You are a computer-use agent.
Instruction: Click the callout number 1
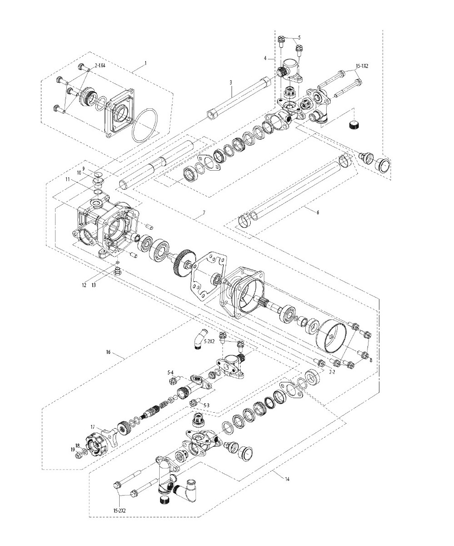click(x=146, y=63)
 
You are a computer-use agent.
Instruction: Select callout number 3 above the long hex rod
click(x=231, y=82)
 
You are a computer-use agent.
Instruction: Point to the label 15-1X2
click(x=362, y=66)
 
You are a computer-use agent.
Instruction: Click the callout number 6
click(x=318, y=212)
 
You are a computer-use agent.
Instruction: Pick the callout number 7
click(x=204, y=212)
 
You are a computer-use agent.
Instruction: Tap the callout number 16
click(x=108, y=352)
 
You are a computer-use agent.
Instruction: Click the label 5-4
click(x=171, y=372)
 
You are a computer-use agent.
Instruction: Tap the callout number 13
click(x=94, y=285)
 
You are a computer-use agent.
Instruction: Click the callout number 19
click(x=73, y=449)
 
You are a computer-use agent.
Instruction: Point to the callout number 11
click(x=68, y=179)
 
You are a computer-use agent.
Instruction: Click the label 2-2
click(x=332, y=372)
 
